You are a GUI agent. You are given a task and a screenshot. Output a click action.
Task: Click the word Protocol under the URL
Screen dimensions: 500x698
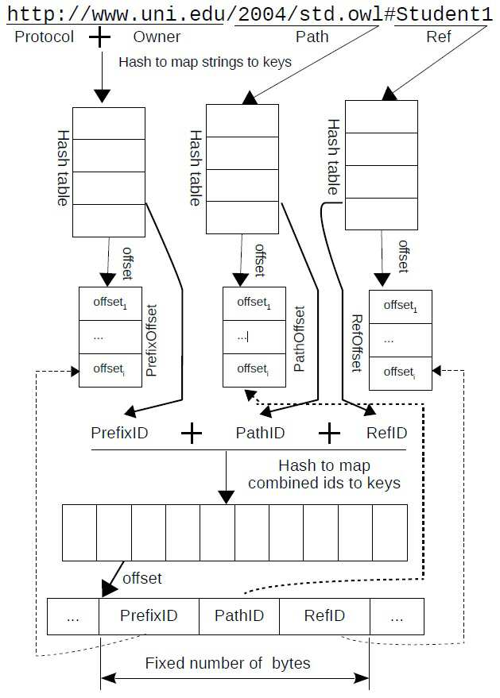[x=45, y=37]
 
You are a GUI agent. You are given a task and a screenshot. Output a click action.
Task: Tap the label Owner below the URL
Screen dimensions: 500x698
[x=157, y=37]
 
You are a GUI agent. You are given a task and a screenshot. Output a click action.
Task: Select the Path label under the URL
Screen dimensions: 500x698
[x=312, y=37]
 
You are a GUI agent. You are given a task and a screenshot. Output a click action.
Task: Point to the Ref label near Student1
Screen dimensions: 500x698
[x=439, y=37]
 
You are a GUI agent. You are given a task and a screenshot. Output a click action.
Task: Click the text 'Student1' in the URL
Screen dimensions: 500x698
[x=444, y=14]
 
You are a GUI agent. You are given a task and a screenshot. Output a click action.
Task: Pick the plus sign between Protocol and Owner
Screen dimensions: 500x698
[x=99, y=37]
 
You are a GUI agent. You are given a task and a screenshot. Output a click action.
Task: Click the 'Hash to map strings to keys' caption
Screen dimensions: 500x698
[x=205, y=62]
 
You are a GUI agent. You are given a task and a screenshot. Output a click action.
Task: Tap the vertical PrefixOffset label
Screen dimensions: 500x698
[x=152, y=340]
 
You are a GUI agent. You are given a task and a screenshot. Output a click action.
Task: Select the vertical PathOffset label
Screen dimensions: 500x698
[x=299, y=339]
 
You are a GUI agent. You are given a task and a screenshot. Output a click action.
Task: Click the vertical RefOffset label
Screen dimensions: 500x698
[x=358, y=343]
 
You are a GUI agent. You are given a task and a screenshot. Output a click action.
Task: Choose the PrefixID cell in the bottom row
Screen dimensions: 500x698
[x=149, y=616]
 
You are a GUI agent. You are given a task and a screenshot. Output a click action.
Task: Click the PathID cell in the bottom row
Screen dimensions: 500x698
[x=239, y=616]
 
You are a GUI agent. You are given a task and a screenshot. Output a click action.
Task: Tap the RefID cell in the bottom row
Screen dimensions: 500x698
[x=324, y=616]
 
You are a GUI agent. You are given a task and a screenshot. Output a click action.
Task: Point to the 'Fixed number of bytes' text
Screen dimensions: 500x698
[x=227, y=663]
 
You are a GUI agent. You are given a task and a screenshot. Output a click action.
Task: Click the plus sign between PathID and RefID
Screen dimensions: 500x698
[x=329, y=433]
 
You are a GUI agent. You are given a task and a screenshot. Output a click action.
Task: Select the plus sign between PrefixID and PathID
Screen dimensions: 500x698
[x=192, y=433]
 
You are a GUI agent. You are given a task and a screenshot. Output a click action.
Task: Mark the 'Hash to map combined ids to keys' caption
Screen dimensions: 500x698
[x=324, y=475]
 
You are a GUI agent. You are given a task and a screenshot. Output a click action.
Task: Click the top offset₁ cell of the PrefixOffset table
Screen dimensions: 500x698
[x=110, y=303]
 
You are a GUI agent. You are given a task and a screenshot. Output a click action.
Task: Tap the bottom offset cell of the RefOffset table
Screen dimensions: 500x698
[x=400, y=373]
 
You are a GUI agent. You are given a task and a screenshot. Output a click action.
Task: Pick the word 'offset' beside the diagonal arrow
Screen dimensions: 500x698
[x=141, y=578]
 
